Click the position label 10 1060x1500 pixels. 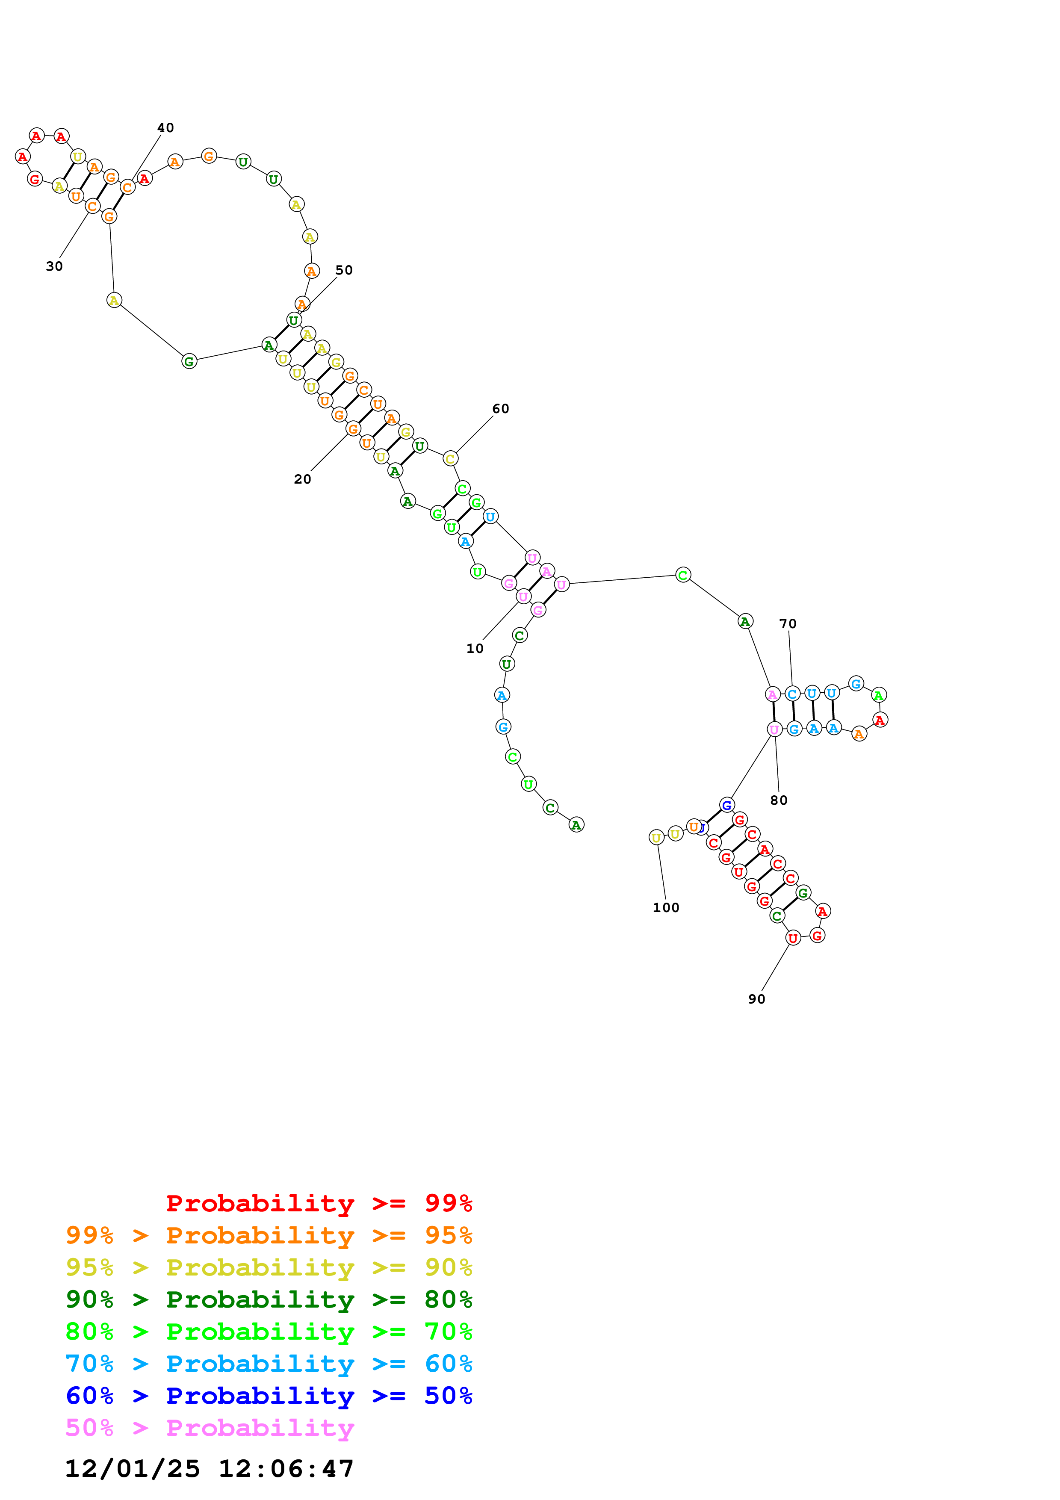pos(475,648)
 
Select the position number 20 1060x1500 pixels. pos(302,479)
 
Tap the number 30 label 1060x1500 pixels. pos(54,266)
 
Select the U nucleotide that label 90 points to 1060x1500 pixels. pos(793,938)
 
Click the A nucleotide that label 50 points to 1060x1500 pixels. pos(302,304)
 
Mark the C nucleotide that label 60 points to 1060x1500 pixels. pos(450,459)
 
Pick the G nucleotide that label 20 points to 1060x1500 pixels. pos(353,429)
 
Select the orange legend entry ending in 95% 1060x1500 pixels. pos(269,1235)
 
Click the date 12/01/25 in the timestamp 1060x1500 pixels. pos(132,1469)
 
